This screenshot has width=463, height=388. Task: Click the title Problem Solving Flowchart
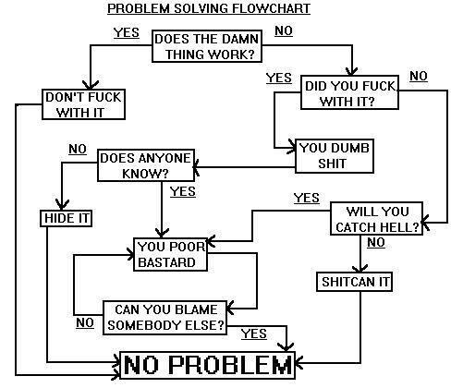[208, 9]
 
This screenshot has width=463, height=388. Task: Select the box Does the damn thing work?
[206, 46]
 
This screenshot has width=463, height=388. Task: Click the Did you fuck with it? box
[351, 94]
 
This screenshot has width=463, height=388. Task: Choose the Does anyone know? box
[146, 164]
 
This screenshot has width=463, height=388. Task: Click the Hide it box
[57, 218]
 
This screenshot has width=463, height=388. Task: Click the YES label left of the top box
[126, 32]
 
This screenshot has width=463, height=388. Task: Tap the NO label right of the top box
[284, 31]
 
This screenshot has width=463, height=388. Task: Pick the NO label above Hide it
[78, 149]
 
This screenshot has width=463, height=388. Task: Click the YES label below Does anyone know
[183, 191]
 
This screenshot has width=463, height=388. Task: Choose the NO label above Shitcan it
[375, 243]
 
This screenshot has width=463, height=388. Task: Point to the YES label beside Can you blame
[253, 333]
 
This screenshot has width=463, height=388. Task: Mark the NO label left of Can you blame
[85, 322]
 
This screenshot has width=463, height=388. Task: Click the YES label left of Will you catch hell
[306, 198]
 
